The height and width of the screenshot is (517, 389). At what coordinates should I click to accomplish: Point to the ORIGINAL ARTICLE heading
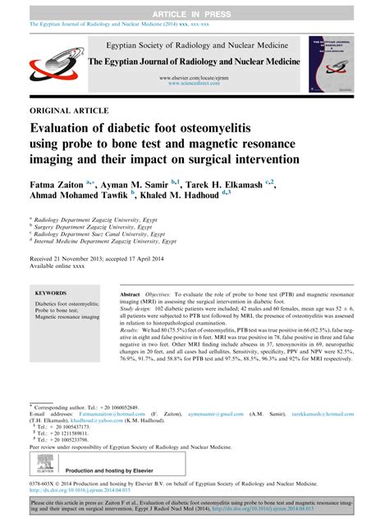pyautogui.click(x=70, y=110)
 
